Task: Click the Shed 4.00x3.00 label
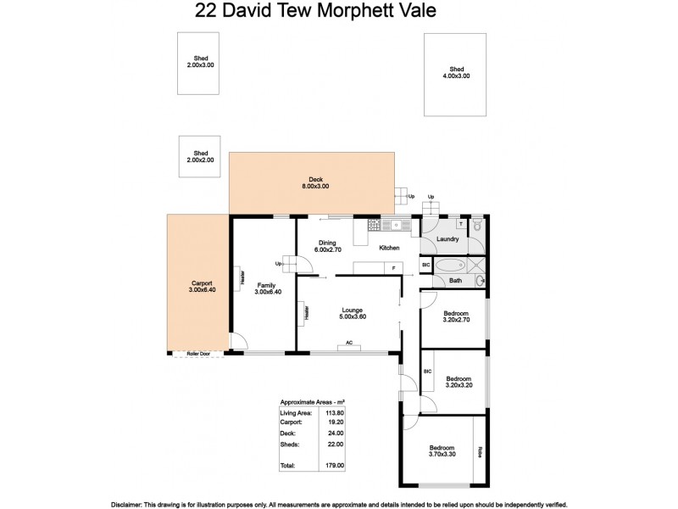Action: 458,72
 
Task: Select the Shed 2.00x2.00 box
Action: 200,156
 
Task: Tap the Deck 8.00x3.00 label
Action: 312,182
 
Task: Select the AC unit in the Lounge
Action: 348,345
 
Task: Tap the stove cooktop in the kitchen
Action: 372,225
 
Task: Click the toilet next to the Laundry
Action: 477,226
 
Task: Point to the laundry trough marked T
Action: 460,225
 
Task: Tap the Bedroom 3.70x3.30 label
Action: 442,451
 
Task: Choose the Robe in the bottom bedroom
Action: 479,450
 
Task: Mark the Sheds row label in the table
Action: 290,443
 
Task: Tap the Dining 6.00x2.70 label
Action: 327,246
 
